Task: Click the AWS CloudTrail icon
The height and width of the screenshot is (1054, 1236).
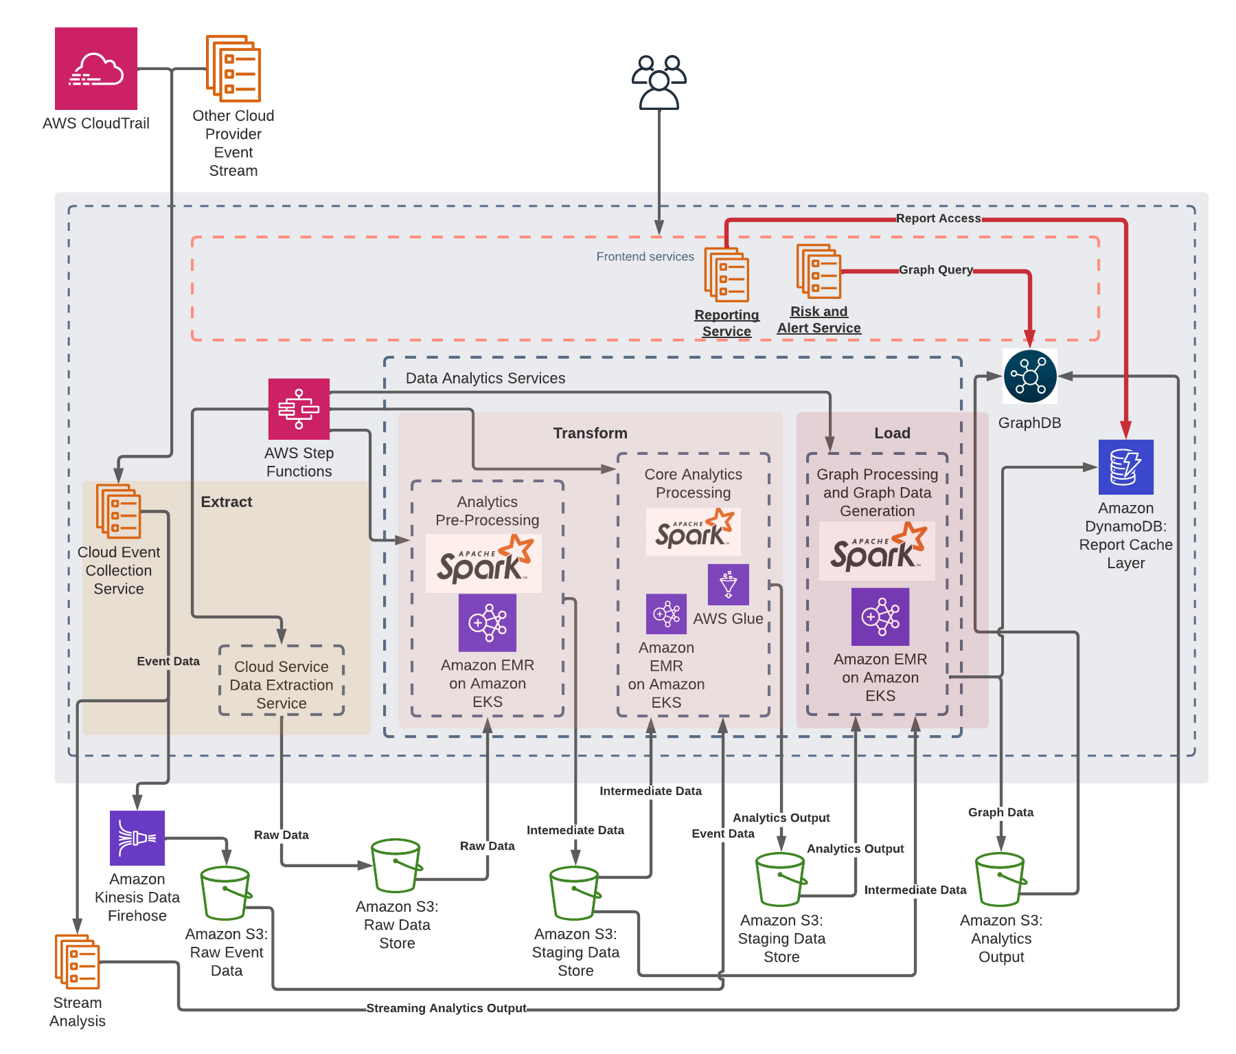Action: pyautogui.click(x=96, y=69)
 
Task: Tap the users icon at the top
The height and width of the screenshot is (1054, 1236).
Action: pyautogui.click(x=659, y=82)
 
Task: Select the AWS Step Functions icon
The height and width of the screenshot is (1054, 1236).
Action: pyautogui.click(x=299, y=409)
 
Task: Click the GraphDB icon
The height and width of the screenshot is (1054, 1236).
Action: pyautogui.click(x=1030, y=376)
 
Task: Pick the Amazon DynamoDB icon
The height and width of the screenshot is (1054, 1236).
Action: pyautogui.click(x=1125, y=467)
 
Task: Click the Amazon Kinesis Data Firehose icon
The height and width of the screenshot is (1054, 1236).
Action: pyautogui.click(x=137, y=838)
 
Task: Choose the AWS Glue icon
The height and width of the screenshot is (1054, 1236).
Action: pyautogui.click(x=729, y=585)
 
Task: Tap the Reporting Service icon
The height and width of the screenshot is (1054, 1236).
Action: pyautogui.click(x=726, y=275)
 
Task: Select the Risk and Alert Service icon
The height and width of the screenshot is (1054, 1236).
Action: pyautogui.click(x=819, y=271)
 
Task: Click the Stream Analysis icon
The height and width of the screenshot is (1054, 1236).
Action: pyautogui.click(x=78, y=961)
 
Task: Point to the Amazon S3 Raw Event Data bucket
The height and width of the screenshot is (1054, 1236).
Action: pyautogui.click(x=225, y=893)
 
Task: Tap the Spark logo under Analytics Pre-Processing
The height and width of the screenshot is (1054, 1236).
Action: pyautogui.click(x=484, y=563)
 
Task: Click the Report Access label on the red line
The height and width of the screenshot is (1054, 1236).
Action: pyautogui.click(x=938, y=218)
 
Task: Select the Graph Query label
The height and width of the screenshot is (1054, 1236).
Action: pyautogui.click(x=935, y=270)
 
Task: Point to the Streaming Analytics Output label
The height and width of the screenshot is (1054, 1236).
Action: pyautogui.click(x=446, y=1008)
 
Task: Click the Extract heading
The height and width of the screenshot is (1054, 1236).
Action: pyautogui.click(x=227, y=502)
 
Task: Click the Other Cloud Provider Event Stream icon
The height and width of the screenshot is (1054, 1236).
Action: pyautogui.click(x=233, y=69)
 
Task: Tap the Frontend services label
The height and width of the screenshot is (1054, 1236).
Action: pyautogui.click(x=645, y=257)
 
